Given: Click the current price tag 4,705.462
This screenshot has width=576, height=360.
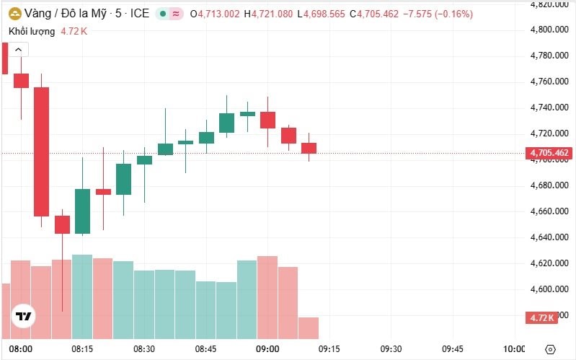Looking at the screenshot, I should pyautogui.click(x=549, y=153).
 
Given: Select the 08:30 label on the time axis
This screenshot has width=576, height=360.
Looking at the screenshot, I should pyautogui.click(x=145, y=349).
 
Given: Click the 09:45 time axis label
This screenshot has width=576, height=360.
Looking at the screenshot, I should pyautogui.click(x=453, y=349).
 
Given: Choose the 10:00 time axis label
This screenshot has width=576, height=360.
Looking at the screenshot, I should pyautogui.click(x=514, y=349).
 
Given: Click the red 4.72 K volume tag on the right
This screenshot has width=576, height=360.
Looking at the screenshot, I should pyautogui.click(x=541, y=317).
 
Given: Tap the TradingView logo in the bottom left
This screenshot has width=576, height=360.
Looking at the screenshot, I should pyautogui.click(x=24, y=317).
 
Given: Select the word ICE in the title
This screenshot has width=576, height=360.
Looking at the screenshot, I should pyautogui.click(x=140, y=14).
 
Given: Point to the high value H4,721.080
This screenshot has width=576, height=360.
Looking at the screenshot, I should pyautogui.click(x=269, y=14).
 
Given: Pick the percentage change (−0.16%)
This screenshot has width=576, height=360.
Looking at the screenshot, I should pyautogui.click(x=453, y=14).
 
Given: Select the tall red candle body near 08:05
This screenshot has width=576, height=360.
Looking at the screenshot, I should pyautogui.click(x=41, y=152).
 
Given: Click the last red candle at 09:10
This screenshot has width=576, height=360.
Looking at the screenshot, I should pyautogui.click(x=309, y=148).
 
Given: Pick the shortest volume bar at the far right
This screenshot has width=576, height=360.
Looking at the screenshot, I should pyautogui.click(x=309, y=328).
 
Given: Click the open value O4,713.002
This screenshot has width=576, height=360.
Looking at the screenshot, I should pyautogui.click(x=216, y=14).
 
